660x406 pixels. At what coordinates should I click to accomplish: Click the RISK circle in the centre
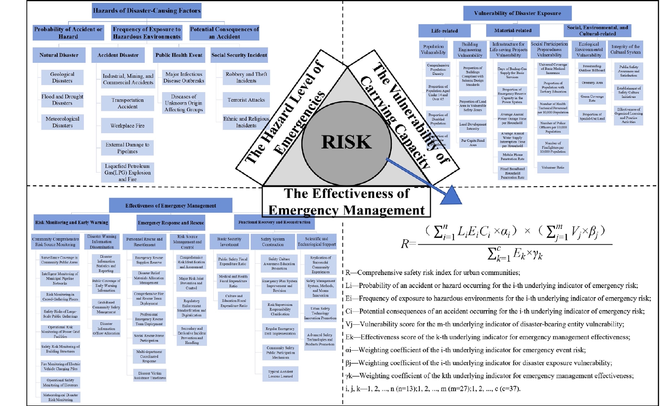347,142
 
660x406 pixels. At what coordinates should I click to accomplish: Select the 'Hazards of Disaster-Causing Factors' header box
147,11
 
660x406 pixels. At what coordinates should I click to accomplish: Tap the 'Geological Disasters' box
62,77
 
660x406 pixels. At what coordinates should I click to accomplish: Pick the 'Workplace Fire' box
127,126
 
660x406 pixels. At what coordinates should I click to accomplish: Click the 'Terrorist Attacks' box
246,100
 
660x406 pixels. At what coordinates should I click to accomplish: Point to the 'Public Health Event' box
179,55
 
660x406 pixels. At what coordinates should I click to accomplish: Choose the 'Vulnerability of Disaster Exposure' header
517,13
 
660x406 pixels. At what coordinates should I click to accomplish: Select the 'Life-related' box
444,31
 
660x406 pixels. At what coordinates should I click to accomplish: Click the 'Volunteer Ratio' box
553,167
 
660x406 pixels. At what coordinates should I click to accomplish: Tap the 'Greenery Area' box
592,83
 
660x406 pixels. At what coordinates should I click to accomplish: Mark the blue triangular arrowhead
451,196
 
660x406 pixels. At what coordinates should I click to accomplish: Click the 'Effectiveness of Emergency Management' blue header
171,206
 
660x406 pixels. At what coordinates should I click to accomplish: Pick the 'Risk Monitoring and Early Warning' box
72,222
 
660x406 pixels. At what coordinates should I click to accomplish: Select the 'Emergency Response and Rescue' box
171,223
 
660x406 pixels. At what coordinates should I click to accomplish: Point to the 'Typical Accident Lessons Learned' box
280,374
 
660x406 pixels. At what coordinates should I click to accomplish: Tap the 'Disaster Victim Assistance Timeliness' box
150,375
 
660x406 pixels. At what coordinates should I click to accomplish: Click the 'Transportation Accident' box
127,103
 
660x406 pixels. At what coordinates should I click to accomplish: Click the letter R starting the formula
405,244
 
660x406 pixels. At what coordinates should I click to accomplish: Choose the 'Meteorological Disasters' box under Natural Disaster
62,122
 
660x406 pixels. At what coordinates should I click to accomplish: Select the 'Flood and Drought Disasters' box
62,100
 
